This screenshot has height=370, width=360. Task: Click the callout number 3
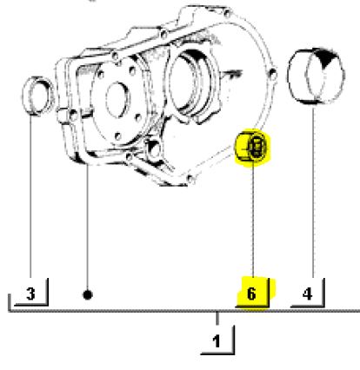pyautogui.click(x=30, y=294)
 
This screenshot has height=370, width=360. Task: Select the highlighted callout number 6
pyautogui.click(x=251, y=294)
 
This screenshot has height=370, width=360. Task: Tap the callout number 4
pyautogui.click(x=307, y=294)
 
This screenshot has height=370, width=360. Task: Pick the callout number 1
pyautogui.click(x=217, y=341)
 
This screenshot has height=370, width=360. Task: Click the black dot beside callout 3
pyautogui.click(x=88, y=295)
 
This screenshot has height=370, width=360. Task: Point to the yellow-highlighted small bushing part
pyautogui.click(x=252, y=146)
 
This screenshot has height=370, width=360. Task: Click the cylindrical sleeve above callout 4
pyautogui.click(x=317, y=76)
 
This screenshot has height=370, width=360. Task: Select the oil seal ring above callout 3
pyautogui.click(x=38, y=96)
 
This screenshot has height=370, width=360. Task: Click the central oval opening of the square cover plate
pyautogui.click(x=118, y=97)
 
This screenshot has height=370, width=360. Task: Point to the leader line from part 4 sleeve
pyautogui.click(x=313, y=191)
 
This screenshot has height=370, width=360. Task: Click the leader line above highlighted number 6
pyautogui.click(x=253, y=217)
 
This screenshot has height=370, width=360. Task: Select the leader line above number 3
pyautogui.click(x=30, y=195)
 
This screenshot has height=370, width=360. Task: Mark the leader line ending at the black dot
pyautogui.click(x=88, y=228)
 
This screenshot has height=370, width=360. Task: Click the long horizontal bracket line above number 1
pyautogui.click(x=184, y=311)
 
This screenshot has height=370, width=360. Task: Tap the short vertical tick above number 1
pyautogui.click(x=217, y=319)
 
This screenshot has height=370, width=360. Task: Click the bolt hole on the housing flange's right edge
pyautogui.click(x=273, y=74)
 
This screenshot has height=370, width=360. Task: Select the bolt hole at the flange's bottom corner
pyautogui.click(x=190, y=179)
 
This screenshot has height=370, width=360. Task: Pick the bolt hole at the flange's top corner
pyautogui.click(x=228, y=13)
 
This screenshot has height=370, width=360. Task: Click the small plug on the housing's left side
pyautogui.click(x=63, y=115)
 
